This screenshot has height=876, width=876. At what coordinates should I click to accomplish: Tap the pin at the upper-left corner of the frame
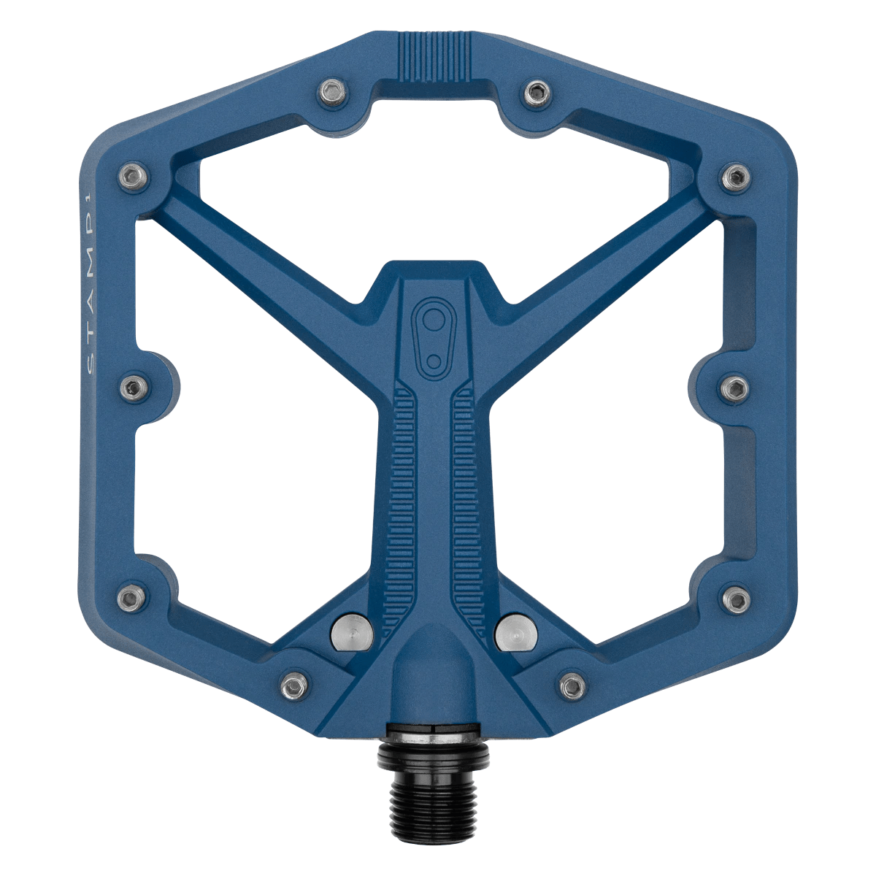[132, 175]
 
